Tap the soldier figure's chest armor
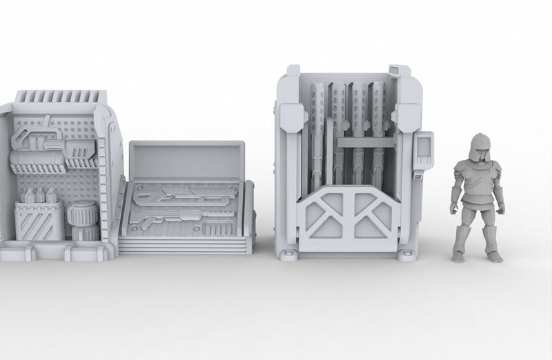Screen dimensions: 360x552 click(476, 183)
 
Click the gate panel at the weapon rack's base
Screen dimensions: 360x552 click(348, 217)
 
